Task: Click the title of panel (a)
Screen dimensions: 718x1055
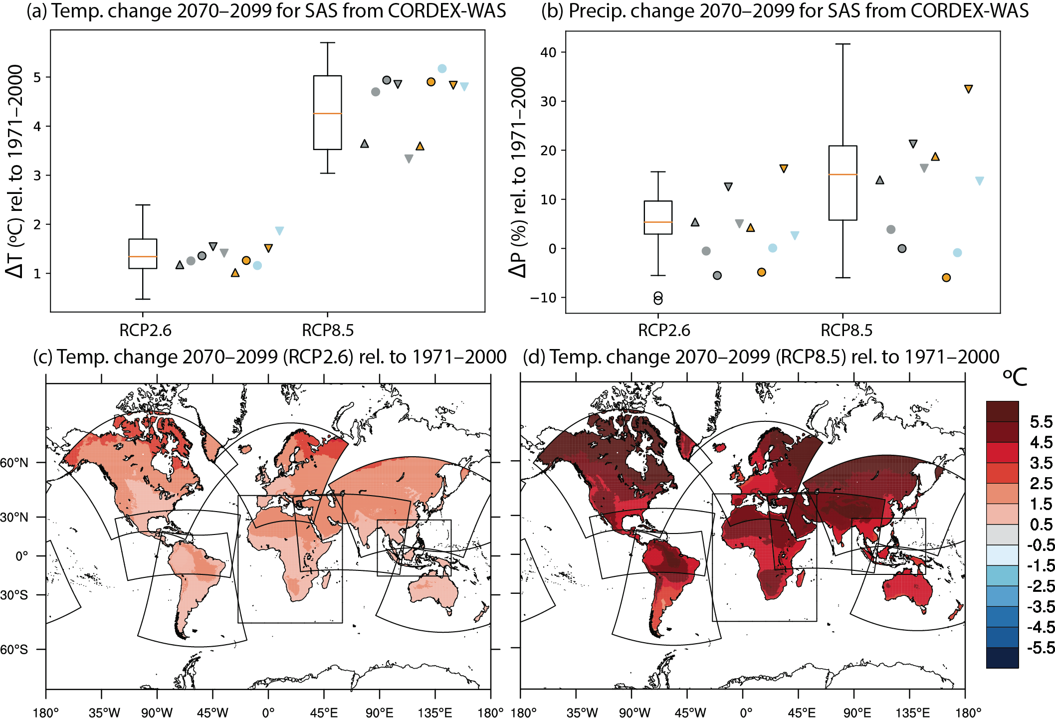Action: coord(266,11)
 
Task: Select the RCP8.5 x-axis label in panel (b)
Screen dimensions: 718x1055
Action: coord(846,330)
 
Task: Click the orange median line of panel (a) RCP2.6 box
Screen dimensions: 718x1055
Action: coord(143,256)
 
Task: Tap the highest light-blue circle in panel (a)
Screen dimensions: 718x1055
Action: coord(442,69)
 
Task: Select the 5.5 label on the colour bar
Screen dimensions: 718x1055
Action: coord(1041,422)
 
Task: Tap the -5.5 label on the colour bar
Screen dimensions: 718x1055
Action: coord(1041,648)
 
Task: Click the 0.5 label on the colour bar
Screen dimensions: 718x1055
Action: coord(1041,525)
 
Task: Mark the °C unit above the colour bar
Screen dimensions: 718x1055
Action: coord(1014,377)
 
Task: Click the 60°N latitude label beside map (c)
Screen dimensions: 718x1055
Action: coord(14,463)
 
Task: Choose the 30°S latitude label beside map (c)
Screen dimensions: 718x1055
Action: coord(14,595)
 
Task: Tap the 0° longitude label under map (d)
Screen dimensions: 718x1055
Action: coord(746,712)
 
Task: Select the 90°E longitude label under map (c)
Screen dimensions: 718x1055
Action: coord(379,712)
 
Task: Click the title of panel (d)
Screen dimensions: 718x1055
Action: coord(761,357)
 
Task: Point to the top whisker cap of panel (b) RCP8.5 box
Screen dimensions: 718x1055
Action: coord(843,44)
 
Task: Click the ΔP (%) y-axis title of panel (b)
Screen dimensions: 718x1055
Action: coord(518,172)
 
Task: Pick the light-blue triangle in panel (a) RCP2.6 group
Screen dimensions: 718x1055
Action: coord(280,231)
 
